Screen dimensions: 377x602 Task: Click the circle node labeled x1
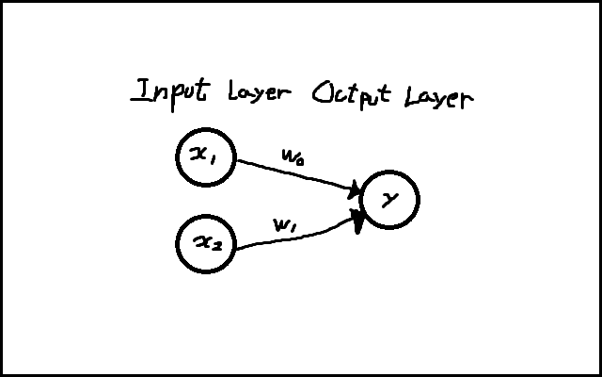[x=206, y=157]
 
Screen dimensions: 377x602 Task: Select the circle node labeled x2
[x=206, y=244]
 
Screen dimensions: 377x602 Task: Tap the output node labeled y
[x=389, y=199]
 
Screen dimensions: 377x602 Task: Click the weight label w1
[x=286, y=225]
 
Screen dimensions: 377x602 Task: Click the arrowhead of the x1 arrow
[x=356, y=190]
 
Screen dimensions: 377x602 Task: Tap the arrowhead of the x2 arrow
[x=358, y=221]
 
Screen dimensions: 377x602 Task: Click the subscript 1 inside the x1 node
[x=215, y=161]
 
